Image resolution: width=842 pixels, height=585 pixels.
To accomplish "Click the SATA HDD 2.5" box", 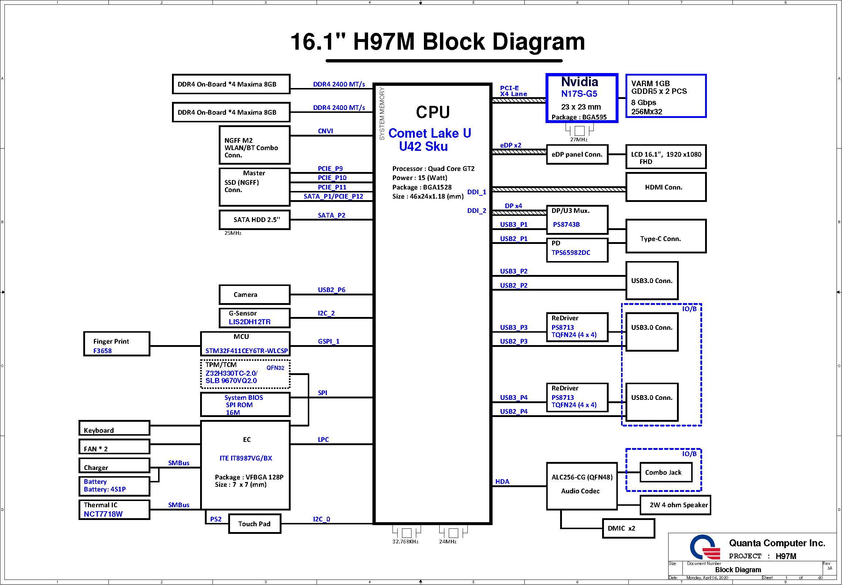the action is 254,220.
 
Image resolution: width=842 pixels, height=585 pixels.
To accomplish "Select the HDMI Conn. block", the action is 666,187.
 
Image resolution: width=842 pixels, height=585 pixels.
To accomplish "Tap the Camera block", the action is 254,295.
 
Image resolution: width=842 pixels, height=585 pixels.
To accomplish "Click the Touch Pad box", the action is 254,524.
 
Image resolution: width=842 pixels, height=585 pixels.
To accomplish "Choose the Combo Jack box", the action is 666,473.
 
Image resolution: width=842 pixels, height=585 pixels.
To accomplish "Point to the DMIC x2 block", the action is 628,528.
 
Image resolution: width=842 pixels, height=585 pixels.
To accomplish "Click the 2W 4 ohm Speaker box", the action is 675,505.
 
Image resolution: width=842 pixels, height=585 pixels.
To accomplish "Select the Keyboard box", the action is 114,428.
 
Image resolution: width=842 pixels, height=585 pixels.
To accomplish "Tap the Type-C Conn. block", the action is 666,236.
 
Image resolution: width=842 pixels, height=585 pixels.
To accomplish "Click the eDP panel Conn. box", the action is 577,155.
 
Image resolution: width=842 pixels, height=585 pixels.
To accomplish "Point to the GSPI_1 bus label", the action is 329,341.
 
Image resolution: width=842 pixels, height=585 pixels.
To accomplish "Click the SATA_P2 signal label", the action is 332,215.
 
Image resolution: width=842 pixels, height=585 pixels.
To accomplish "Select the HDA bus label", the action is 502,482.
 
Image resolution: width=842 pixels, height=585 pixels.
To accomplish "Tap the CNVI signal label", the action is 325,131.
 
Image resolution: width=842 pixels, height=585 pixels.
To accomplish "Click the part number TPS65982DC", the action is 571,253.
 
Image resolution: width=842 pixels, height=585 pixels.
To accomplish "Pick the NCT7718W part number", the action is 103,514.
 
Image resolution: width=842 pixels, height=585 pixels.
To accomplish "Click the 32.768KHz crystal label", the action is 405,542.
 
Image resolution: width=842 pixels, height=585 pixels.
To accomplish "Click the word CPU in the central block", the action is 433,112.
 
